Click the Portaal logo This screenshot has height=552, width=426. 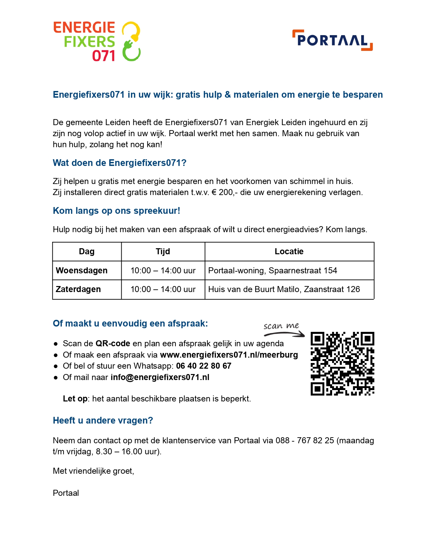click(332, 40)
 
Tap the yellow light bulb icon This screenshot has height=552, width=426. click(131, 30)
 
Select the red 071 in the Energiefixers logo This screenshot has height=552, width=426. click(104, 56)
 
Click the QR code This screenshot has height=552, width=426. click(342, 364)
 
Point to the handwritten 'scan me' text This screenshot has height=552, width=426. click(281, 326)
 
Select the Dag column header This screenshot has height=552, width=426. click(87, 252)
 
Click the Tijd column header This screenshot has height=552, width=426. click(163, 252)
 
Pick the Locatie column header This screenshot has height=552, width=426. click(289, 252)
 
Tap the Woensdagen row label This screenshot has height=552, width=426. click(82, 270)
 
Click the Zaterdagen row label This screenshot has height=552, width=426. click(78, 289)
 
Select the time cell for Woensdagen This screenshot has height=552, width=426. click(163, 270)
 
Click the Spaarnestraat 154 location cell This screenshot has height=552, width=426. click(273, 270)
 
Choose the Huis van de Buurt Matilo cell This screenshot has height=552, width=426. click(284, 289)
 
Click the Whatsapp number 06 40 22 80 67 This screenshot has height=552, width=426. click(203, 366)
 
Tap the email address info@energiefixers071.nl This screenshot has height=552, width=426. click(160, 377)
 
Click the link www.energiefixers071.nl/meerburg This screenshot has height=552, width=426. click(229, 355)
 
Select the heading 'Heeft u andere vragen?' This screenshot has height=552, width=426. click(103, 421)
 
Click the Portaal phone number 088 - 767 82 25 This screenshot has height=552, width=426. click(305, 440)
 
